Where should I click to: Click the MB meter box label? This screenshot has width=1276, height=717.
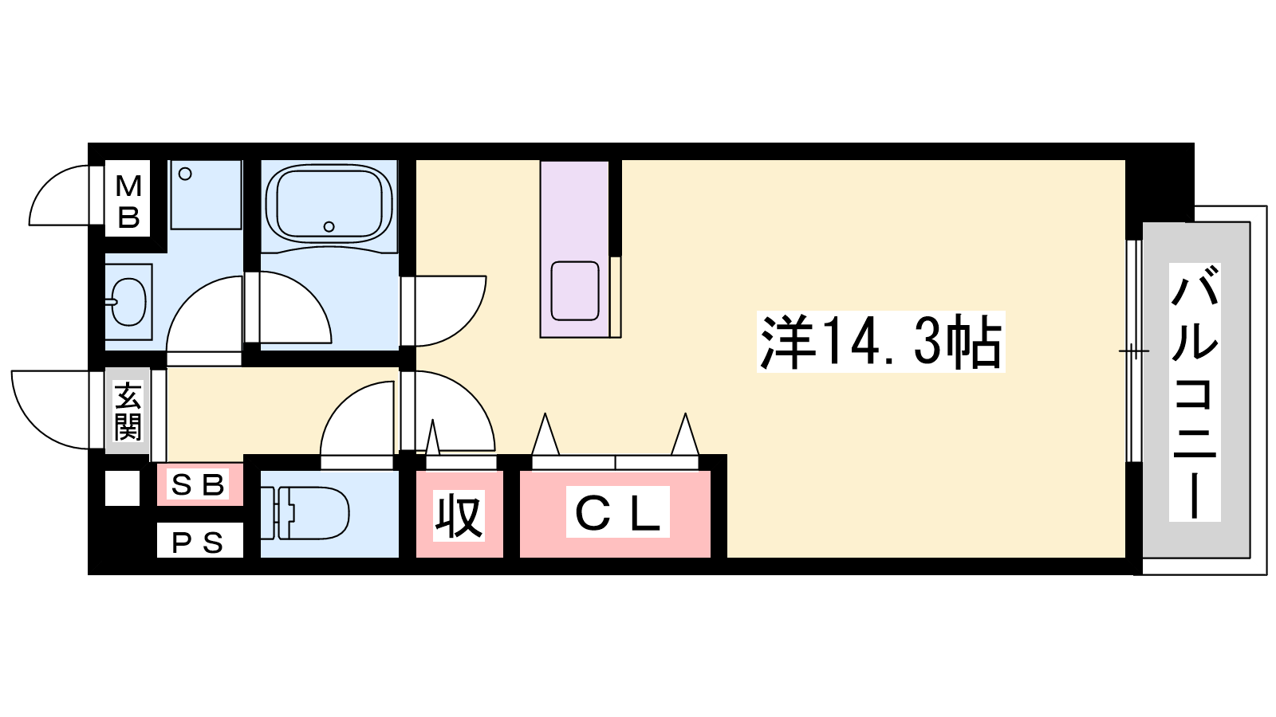pyautogui.click(x=128, y=202)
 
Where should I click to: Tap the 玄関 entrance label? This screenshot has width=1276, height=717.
pyautogui.click(x=128, y=411)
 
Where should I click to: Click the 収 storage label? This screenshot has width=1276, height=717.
pyautogui.click(x=459, y=515)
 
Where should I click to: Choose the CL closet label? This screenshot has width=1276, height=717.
pyautogui.click(x=617, y=512)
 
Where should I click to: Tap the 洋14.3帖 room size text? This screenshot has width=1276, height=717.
pyautogui.click(x=880, y=342)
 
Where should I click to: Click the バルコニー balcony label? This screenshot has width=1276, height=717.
pyautogui.click(x=1194, y=392)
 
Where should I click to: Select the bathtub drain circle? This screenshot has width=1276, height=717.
pyautogui.click(x=329, y=226)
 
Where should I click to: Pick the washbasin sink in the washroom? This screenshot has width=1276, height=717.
pyautogui.click(x=128, y=302)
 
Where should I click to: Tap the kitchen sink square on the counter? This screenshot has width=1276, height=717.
pyautogui.click(x=575, y=291)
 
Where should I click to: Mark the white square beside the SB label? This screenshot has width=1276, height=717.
pyautogui.click(x=123, y=488)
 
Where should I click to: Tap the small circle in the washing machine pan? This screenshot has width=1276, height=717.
pyautogui.click(x=184, y=174)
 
